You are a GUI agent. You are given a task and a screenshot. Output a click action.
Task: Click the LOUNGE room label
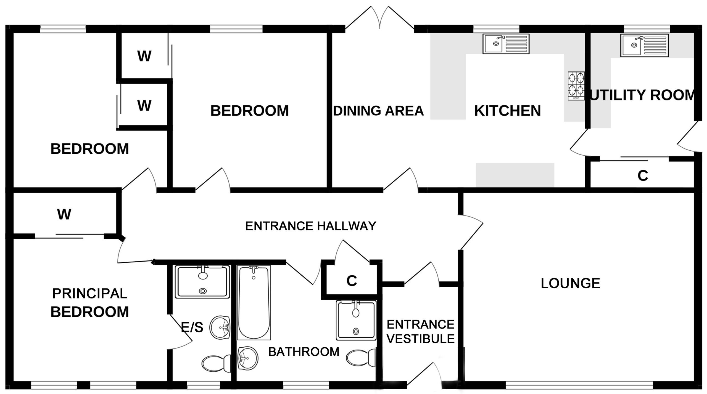coord(570,283)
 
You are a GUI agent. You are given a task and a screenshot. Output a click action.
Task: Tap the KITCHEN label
coord(508,111)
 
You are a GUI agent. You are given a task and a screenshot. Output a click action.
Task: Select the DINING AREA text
coord(378,111)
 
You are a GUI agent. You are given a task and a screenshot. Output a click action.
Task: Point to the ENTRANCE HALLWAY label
coord(311,226)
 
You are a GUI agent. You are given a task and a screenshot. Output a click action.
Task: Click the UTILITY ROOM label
coord(643,95)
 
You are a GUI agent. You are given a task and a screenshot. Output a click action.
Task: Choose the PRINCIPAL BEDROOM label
coord(90,303)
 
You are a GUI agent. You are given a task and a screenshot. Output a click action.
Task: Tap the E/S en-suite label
coord(192,328)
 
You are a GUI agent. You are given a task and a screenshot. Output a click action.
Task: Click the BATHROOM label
coord(304,352)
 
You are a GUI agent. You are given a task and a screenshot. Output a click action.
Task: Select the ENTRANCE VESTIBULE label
coord(421,331)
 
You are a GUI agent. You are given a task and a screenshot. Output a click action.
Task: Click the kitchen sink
coord(506,44)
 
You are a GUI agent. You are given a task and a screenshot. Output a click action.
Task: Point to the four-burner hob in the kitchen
coord(576,86)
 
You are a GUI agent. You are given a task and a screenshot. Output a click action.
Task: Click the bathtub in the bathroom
coord(254,302)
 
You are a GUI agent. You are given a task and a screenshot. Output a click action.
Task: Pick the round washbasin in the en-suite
coord(220,328)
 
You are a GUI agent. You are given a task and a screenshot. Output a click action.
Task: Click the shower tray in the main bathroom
coord(356,320)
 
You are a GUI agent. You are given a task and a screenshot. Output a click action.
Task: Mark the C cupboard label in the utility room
coord(643,175)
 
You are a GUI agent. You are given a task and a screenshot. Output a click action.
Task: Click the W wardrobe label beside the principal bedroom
coord(64,214)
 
